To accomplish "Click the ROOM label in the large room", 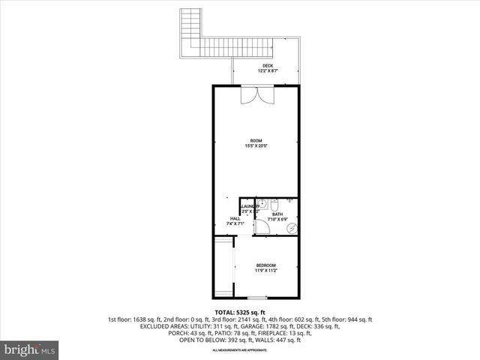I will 256,140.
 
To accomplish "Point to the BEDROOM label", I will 265,265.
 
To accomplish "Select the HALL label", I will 235,218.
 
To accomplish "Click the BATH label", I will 277,214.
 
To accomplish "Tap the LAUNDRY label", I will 250,206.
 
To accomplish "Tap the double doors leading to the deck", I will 256,96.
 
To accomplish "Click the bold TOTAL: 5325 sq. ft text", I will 240,312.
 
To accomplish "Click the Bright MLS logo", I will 30,349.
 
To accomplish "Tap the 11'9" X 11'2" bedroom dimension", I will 265,271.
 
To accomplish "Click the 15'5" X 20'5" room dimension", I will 256,146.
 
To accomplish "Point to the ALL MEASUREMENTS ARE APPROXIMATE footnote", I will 240,350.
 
